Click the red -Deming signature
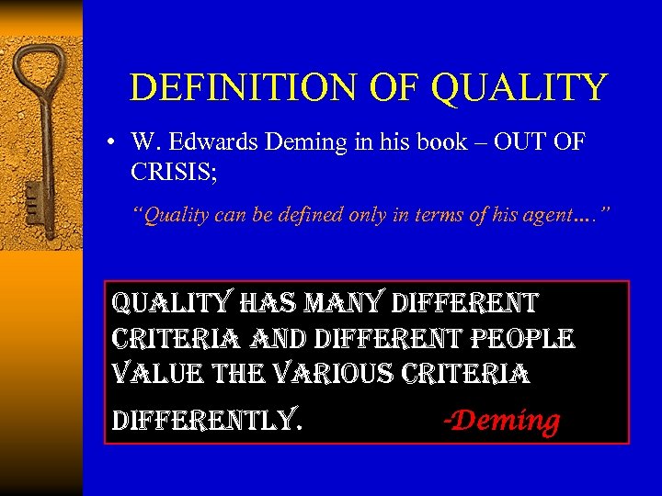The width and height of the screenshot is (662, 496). [501, 419]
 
